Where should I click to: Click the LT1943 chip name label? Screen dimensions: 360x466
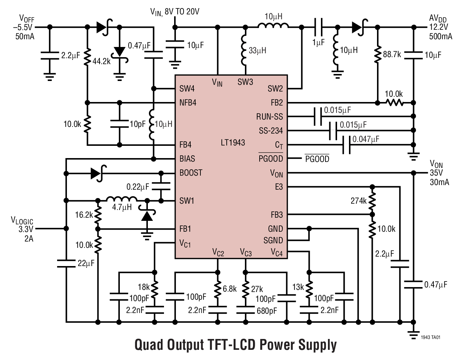233,143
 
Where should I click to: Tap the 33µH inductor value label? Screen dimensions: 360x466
257,50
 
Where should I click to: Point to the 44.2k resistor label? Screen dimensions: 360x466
101,61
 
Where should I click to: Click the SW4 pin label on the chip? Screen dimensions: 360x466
187,89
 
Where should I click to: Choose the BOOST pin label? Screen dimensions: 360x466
191,173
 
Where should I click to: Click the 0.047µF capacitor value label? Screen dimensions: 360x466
366,139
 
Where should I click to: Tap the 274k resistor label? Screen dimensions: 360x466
358,201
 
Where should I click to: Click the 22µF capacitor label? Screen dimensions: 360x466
86,263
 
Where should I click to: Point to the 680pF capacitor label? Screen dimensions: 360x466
266,311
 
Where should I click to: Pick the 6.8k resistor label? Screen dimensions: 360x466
229,289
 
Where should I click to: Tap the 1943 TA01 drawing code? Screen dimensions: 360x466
431,338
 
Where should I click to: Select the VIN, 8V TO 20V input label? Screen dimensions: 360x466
174,12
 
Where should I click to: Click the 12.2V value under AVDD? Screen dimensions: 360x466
438,27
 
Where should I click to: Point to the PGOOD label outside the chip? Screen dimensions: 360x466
317,159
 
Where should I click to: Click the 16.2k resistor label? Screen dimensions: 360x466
84,215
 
